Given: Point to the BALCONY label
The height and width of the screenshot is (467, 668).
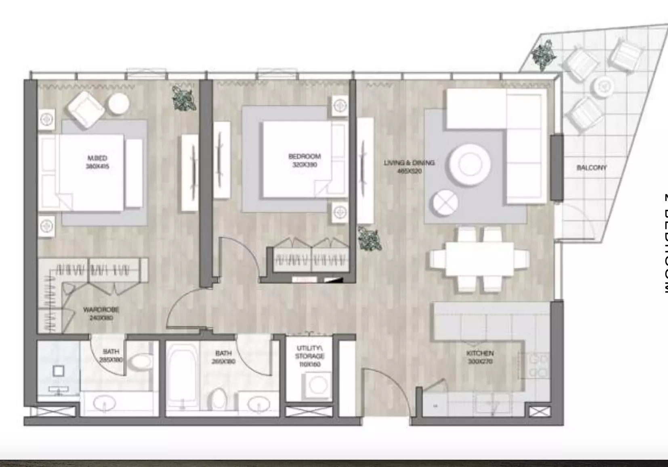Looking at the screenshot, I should click(x=591, y=167).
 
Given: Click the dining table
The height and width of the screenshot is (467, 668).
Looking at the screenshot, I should click(x=479, y=259).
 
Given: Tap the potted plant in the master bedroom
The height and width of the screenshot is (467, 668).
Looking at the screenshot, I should click(x=184, y=98).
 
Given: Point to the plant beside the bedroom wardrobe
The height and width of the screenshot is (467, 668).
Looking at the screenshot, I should click(x=369, y=238).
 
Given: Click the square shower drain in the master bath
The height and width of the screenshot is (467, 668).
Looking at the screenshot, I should click(x=59, y=371).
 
